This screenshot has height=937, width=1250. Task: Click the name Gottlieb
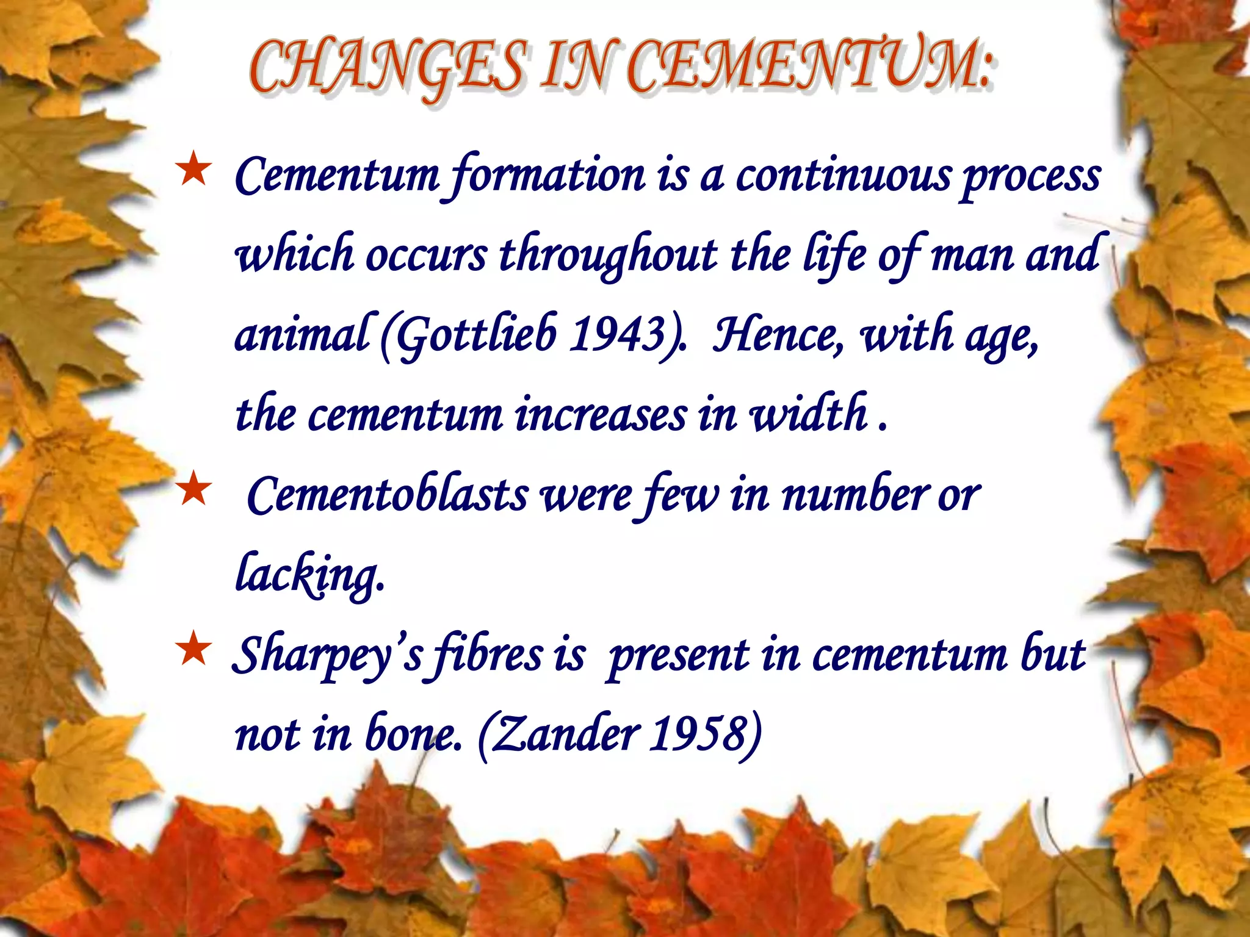point(476,334)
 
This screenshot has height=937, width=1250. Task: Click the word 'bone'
point(412,734)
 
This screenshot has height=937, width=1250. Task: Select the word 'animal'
point(303,334)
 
